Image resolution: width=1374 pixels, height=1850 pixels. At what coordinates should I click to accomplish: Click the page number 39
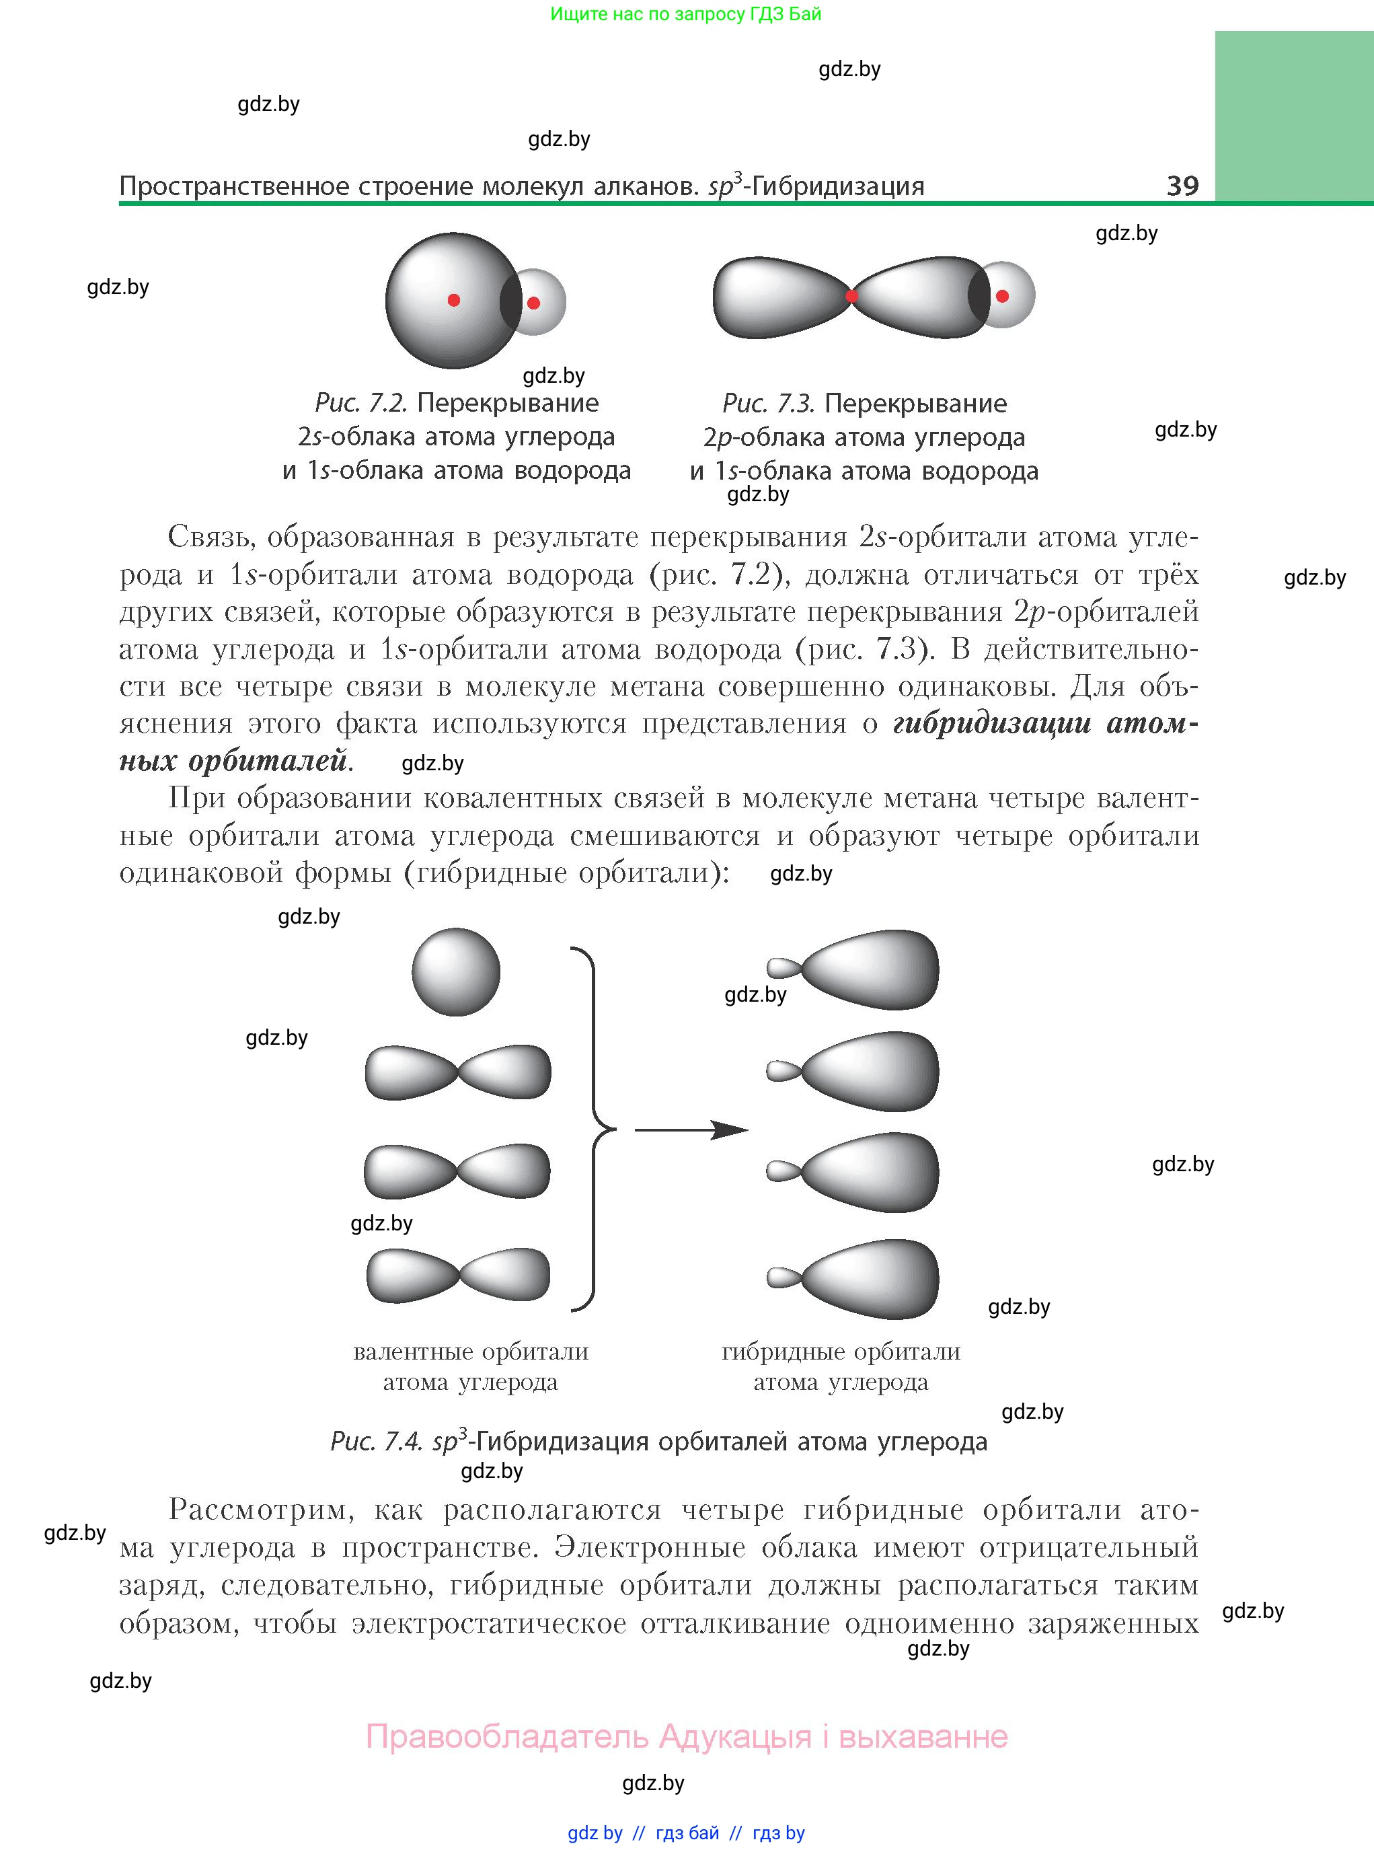(x=1182, y=185)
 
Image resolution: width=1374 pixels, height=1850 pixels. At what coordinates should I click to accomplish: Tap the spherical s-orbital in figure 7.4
(x=456, y=971)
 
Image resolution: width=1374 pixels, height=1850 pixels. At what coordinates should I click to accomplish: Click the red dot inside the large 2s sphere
(x=453, y=299)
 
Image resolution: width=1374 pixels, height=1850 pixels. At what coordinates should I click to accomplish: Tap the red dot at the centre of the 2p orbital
(x=851, y=295)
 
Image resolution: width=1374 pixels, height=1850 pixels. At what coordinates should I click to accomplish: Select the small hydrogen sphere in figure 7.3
(x=1008, y=295)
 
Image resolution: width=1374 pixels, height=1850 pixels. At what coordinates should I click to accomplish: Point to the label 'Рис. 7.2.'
(x=360, y=404)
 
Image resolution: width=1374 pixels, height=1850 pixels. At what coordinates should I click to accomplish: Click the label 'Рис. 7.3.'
(x=767, y=404)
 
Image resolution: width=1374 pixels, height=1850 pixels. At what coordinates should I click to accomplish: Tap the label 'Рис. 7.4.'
(x=376, y=1442)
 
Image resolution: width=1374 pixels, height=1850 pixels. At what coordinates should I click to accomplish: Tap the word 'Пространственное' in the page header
(x=234, y=186)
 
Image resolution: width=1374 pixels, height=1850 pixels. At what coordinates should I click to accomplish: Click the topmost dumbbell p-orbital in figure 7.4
(x=458, y=1072)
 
